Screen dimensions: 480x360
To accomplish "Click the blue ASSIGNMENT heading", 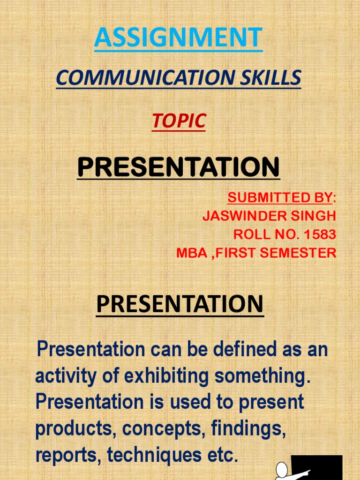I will [x=178, y=38].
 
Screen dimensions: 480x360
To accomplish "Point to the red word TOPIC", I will [x=178, y=121].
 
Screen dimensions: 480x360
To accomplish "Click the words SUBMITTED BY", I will [x=280, y=198].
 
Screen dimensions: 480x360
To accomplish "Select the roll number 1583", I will [x=320, y=234].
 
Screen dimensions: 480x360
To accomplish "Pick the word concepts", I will [x=157, y=429].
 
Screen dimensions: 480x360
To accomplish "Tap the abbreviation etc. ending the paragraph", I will [x=222, y=455].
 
